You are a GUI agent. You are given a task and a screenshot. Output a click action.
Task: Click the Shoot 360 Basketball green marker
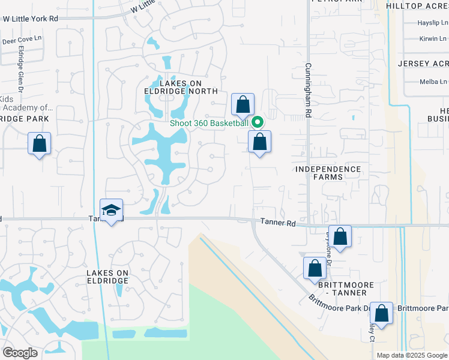258,122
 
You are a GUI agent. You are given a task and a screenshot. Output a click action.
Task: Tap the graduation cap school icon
112,210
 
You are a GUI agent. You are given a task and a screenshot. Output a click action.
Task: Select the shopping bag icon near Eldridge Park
39,143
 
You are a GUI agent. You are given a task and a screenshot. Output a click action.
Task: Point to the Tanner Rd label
279,223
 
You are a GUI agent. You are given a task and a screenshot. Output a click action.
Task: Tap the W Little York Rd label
30,19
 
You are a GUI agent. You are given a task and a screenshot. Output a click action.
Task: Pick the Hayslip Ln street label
433,23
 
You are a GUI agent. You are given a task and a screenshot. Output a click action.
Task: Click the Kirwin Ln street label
434,39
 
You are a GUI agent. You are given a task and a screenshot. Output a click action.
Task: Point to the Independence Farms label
328,173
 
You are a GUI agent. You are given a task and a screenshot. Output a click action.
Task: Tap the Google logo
20,353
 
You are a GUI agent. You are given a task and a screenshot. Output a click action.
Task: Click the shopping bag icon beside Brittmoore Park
381,313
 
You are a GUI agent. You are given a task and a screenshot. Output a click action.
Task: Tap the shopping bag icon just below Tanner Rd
340,236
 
